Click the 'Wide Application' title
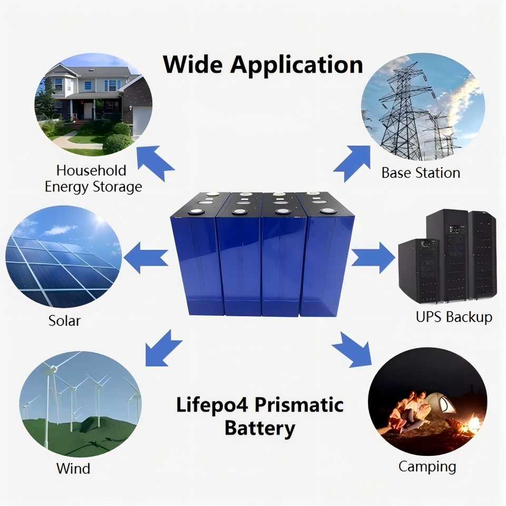[x=262, y=65]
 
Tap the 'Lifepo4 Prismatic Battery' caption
[x=259, y=416]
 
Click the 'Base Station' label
[x=421, y=173]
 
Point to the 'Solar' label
[x=64, y=320]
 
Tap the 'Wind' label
[x=73, y=468]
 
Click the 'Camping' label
[x=427, y=466]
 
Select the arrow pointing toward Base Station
[x=353, y=162]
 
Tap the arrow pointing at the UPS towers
[x=373, y=258]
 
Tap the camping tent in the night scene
[x=441, y=404]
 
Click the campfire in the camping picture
[x=471, y=424]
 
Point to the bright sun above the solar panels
[x=99, y=220]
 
